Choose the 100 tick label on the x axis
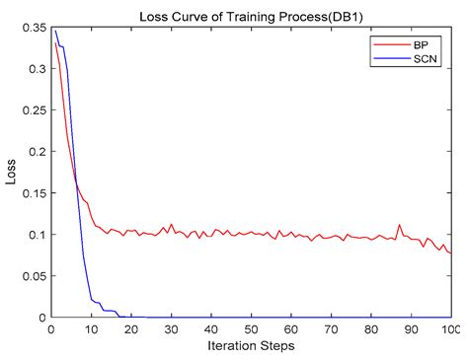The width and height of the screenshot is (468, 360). pyautogui.click(x=450, y=329)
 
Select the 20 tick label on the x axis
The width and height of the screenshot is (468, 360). pyautogui.click(x=130, y=329)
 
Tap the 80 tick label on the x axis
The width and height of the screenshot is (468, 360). pyautogui.click(x=370, y=329)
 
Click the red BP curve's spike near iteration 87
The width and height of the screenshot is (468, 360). pyautogui.click(x=399, y=225)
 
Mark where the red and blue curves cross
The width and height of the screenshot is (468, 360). pyautogui.click(x=76, y=184)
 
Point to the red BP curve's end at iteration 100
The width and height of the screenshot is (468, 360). pyautogui.click(x=450, y=253)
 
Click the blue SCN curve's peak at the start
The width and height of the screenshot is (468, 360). pyautogui.click(x=55, y=31)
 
